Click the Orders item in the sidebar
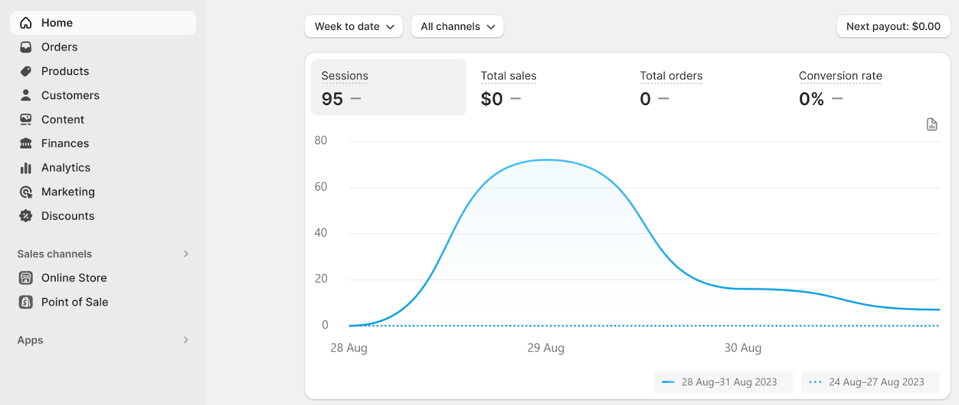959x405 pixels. (59, 47)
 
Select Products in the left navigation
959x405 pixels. (65, 71)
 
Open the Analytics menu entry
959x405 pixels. (65, 167)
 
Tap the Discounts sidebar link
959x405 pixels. (67, 216)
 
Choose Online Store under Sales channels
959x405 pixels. (74, 278)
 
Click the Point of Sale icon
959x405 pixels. (26, 302)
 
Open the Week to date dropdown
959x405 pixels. (354, 26)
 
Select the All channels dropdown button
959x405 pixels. (457, 26)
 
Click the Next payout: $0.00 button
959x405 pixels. (893, 26)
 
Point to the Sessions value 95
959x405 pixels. (332, 99)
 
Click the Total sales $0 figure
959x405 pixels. (491, 99)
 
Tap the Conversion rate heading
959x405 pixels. (840, 76)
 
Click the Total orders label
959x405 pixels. (671, 76)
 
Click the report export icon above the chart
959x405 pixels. (931, 124)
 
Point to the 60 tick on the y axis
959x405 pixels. (321, 187)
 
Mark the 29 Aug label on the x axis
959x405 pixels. (545, 348)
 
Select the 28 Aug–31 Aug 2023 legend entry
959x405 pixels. (723, 382)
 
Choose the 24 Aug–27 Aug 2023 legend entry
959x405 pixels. (870, 382)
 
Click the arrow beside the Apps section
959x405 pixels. (186, 340)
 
